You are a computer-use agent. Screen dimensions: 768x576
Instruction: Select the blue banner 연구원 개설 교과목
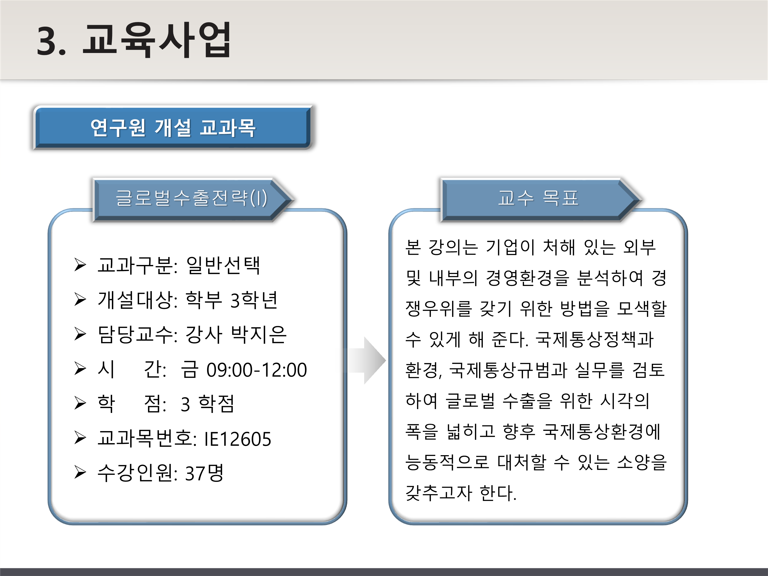173,128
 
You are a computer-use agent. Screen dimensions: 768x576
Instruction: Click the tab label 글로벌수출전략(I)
191,198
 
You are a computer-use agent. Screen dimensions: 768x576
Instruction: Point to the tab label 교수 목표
538,198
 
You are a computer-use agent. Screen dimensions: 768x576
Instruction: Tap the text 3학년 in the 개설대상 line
254,300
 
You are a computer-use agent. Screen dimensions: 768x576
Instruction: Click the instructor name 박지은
259,335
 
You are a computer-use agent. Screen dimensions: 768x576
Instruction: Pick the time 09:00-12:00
257,370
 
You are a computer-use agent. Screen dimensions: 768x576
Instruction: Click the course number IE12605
238,439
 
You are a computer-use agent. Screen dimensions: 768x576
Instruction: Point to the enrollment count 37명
205,473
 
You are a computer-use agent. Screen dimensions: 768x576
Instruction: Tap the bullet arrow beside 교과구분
80,265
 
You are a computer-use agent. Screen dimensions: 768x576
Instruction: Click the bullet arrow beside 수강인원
80,473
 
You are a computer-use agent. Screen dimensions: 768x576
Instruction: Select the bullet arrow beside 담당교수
80,334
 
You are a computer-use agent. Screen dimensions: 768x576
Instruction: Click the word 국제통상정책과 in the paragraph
594,339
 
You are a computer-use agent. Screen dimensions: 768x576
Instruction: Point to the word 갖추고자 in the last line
439,493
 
